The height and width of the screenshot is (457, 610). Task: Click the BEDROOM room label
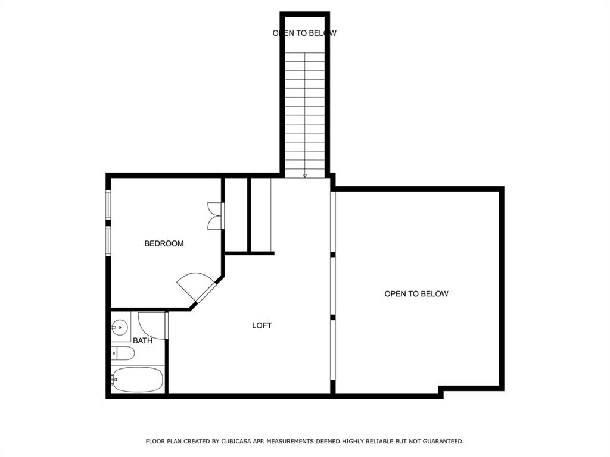(x=164, y=243)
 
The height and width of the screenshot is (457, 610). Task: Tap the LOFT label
(x=262, y=325)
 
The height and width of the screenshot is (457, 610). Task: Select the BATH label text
(x=142, y=341)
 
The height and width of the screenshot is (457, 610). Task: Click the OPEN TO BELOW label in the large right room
(x=416, y=294)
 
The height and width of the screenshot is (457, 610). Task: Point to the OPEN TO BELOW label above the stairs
(x=304, y=33)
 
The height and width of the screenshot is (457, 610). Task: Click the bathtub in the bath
(x=138, y=380)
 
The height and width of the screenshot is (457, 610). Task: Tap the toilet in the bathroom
(x=123, y=353)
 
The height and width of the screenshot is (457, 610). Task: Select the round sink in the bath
(x=120, y=326)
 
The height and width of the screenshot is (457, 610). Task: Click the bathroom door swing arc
(x=150, y=325)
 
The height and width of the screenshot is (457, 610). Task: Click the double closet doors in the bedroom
(x=214, y=216)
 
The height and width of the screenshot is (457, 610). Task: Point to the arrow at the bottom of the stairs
(x=305, y=175)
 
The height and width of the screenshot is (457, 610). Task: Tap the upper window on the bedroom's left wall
(x=108, y=205)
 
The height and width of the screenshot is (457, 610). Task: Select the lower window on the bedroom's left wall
(x=108, y=241)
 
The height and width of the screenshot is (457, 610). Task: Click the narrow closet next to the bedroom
(x=236, y=214)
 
